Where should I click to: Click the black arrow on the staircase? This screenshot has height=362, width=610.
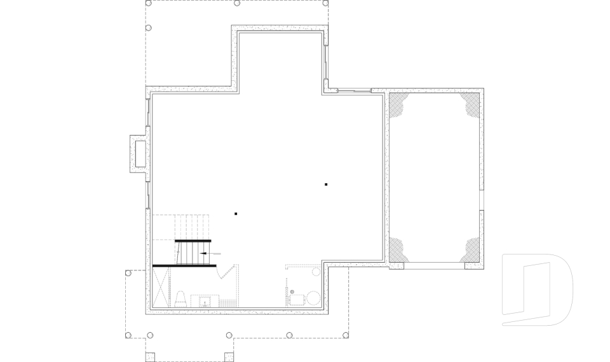203,253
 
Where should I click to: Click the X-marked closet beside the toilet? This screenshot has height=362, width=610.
161,287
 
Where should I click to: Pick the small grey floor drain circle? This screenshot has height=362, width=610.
292,291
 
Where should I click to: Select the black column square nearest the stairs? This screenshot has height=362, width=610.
236,214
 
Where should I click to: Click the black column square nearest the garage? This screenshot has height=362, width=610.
326,184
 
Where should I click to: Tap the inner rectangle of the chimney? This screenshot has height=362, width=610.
139,153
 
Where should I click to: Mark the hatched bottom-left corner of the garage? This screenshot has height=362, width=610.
398,249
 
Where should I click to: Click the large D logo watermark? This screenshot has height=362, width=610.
537,290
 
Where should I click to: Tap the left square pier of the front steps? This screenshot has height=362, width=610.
150,357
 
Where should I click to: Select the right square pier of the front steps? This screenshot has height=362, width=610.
229,357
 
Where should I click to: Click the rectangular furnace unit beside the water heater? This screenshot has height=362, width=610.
295,300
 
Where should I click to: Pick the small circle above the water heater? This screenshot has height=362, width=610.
315,272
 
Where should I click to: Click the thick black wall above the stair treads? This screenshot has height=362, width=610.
193,240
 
